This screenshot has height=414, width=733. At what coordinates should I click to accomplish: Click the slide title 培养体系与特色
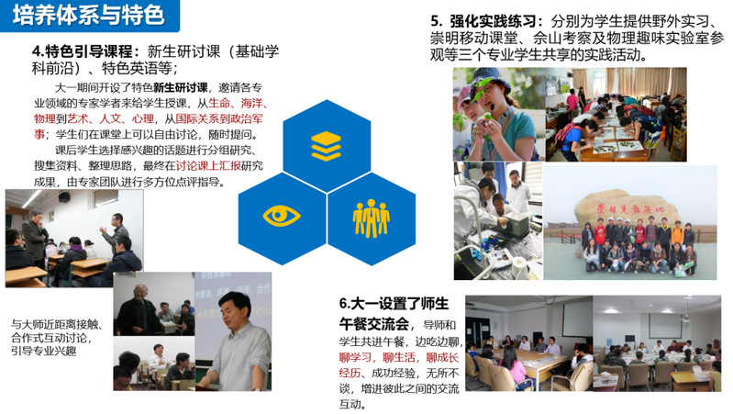[88, 15]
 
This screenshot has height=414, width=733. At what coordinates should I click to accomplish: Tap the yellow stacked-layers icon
[326, 146]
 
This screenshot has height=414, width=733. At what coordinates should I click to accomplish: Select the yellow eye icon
[282, 216]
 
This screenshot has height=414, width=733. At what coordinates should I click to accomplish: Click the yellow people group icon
[372, 218]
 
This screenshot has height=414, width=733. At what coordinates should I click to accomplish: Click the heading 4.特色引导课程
[85, 51]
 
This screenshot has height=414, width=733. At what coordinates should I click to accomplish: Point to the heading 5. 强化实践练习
[487, 21]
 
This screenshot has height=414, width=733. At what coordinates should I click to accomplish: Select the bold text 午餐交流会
[374, 324]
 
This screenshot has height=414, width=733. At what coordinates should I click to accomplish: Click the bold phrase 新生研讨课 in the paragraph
[181, 87]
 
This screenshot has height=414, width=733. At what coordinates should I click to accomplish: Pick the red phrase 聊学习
[355, 358]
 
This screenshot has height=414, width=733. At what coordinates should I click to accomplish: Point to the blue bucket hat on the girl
[491, 81]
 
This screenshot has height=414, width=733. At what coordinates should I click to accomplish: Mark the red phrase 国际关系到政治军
[219, 118]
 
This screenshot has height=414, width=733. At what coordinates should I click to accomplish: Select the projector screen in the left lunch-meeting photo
[576, 319]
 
